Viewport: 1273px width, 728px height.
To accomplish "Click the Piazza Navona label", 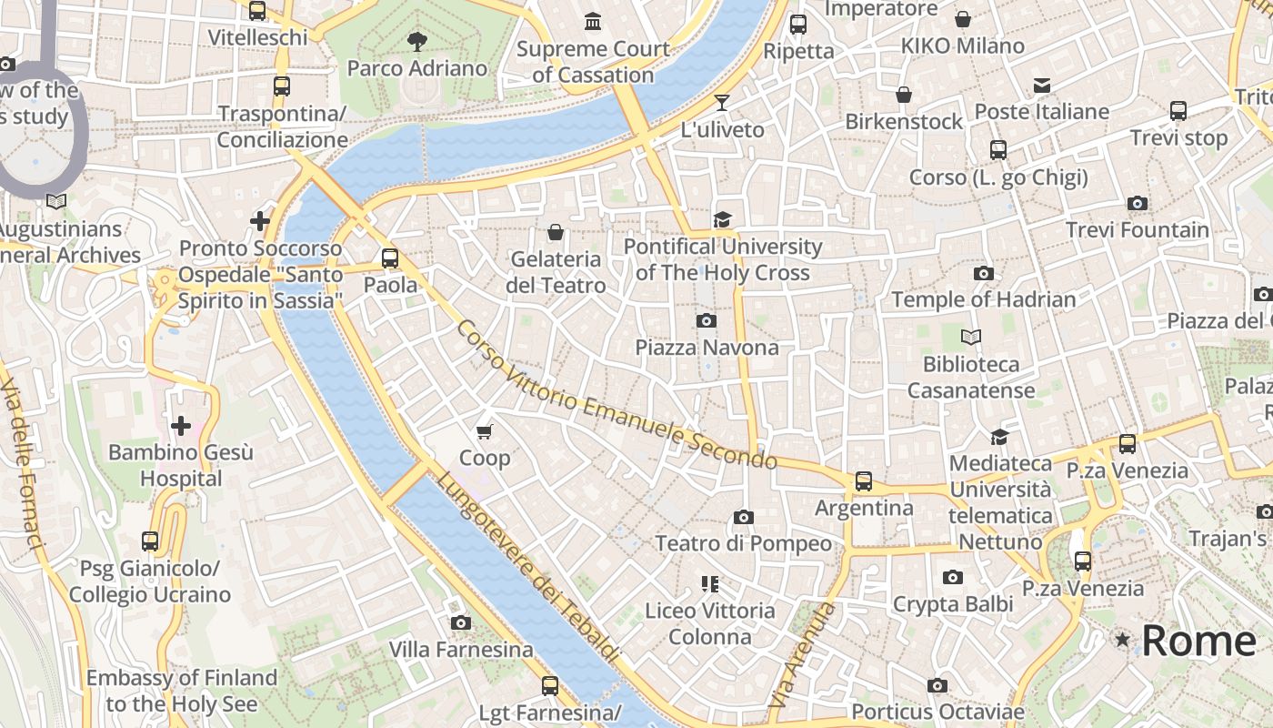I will (x=707, y=348).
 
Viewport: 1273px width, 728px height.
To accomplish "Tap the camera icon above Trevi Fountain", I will (x=1137, y=203).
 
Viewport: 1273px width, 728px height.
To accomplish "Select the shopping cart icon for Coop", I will (x=485, y=430).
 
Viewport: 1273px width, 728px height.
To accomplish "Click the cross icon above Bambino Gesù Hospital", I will (x=181, y=425).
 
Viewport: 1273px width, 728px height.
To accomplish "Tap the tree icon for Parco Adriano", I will (x=417, y=41).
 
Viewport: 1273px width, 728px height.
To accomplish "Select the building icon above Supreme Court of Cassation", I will (x=594, y=21).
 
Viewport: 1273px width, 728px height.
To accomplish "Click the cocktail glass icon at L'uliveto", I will (x=722, y=102).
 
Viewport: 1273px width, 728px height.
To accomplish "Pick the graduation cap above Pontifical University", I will (x=722, y=219).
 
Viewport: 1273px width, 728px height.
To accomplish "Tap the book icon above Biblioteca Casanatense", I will (x=971, y=337).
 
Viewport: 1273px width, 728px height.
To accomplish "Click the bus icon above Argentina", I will (x=864, y=480).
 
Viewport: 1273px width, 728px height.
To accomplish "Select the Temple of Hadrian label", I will (x=983, y=299).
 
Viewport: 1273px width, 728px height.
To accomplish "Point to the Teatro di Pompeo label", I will (x=743, y=544).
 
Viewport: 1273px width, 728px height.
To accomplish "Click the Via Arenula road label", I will (x=801, y=656).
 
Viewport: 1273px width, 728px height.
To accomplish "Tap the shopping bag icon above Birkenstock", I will (x=904, y=95).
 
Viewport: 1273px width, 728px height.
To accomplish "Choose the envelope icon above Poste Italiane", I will (x=1042, y=86).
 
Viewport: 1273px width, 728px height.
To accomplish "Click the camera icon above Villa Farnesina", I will (x=461, y=622).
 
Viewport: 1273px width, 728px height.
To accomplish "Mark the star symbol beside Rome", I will (x=1123, y=641).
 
